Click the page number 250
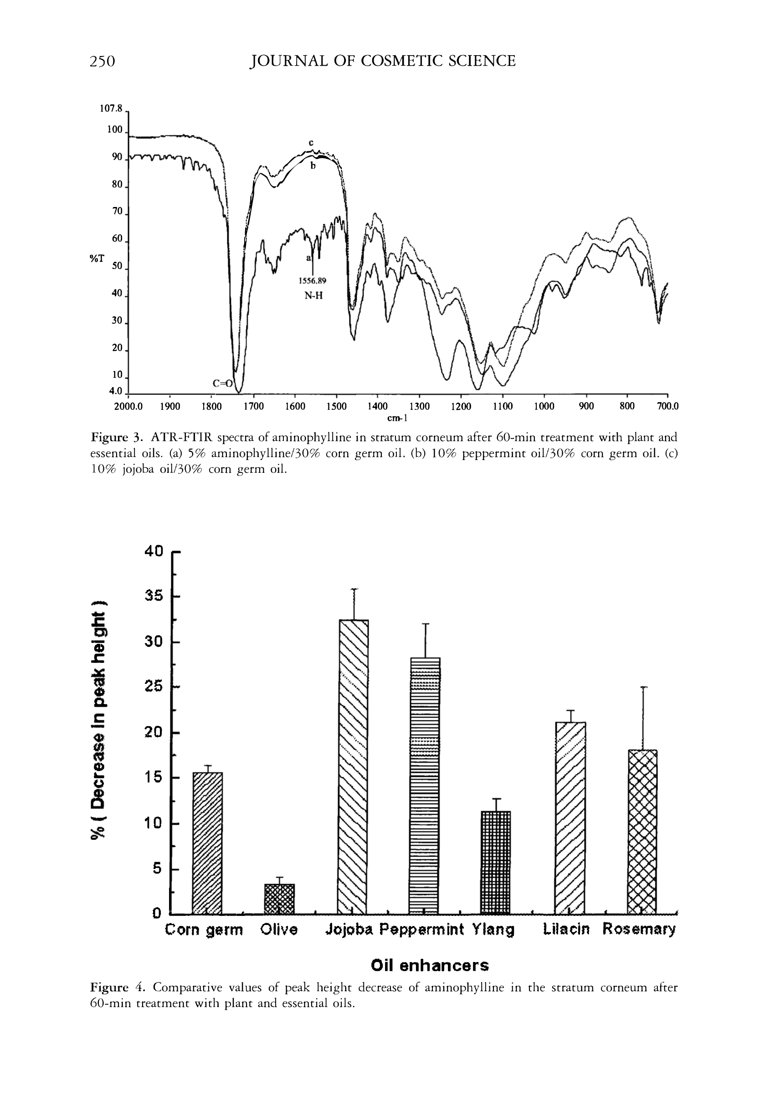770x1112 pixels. [x=102, y=61]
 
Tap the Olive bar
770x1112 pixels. [x=279, y=898]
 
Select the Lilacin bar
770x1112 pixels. [x=570, y=817]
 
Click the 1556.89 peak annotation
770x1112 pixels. [x=313, y=280]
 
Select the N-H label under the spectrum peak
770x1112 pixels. [x=313, y=296]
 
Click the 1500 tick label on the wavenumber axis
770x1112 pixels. [x=336, y=407]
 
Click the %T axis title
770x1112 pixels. [x=97, y=259]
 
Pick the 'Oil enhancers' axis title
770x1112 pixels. [x=429, y=965]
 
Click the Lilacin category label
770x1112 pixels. [x=566, y=929]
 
